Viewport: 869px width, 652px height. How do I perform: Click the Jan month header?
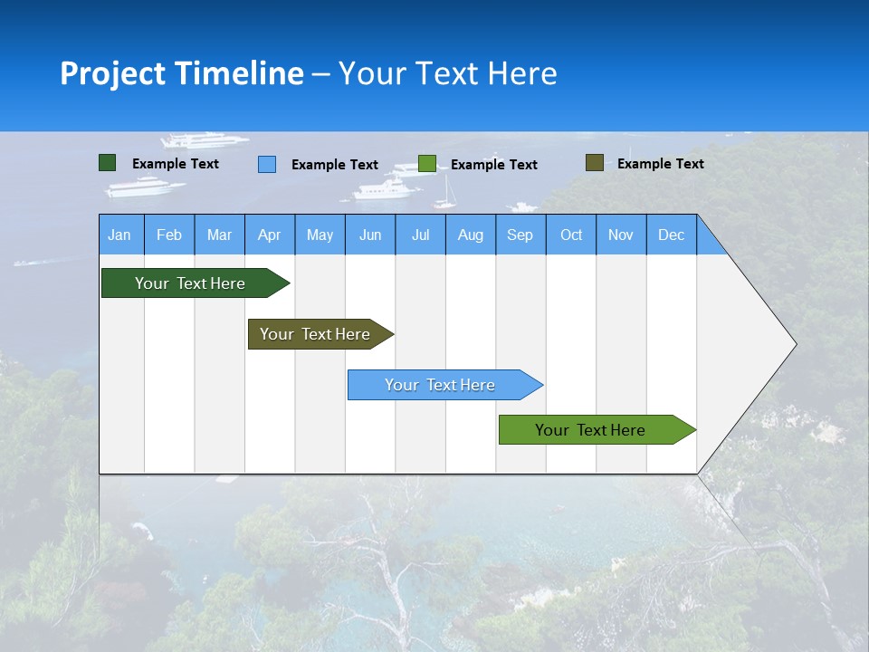[119, 235]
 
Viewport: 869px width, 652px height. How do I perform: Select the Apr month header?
[269, 235]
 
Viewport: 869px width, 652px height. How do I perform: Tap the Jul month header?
[420, 235]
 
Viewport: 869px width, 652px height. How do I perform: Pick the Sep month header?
[520, 235]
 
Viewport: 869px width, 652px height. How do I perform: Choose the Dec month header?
[671, 235]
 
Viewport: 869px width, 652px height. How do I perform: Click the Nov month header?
[620, 235]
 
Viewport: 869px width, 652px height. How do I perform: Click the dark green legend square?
[108, 163]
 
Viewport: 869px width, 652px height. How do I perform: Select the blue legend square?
[267, 164]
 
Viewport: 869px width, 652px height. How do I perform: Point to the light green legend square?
[427, 164]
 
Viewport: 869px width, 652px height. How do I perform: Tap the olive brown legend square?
[594, 163]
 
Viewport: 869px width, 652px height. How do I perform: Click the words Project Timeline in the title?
[181, 73]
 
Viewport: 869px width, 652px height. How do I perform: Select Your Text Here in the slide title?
[448, 73]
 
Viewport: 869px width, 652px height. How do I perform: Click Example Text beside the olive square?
[660, 164]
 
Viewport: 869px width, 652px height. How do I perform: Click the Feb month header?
[169, 235]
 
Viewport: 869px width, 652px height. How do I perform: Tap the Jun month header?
[370, 235]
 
